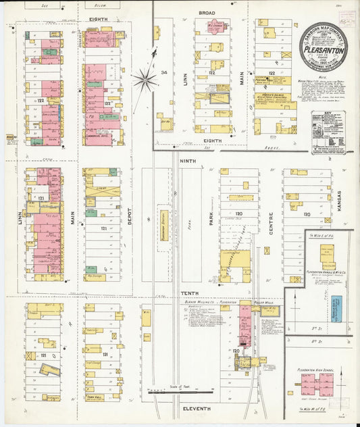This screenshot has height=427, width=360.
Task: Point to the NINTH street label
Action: tap(187, 161)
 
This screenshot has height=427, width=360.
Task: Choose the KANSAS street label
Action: tap(339, 203)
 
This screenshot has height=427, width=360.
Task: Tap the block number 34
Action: tap(163, 72)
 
